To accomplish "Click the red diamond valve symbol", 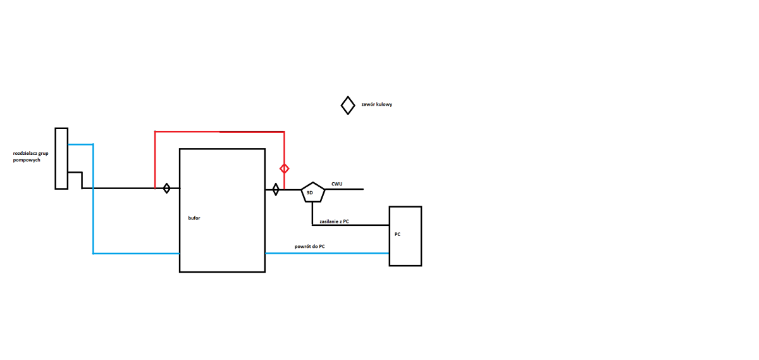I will [x=285, y=168].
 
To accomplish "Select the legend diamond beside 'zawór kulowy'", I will [x=348, y=105].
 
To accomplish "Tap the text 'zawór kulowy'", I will [x=376, y=104].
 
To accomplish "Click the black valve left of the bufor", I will [x=166, y=188].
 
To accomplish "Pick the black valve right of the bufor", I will [x=276, y=189].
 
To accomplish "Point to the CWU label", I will [x=337, y=184].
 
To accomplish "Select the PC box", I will [x=405, y=236].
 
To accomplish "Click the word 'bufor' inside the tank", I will [x=194, y=218].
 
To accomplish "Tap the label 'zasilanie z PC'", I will [x=334, y=221].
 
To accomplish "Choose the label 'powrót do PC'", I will [x=309, y=246].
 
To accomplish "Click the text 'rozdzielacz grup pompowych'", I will [x=30, y=157].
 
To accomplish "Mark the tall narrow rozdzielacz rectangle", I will [x=61, y=158].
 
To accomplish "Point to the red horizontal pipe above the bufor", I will [x=219, y=132].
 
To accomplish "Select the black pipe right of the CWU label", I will [x=353, y=189].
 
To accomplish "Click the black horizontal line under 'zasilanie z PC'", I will [x=350, y=225].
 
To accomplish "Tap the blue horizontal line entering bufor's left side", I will [x=136, y=254].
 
